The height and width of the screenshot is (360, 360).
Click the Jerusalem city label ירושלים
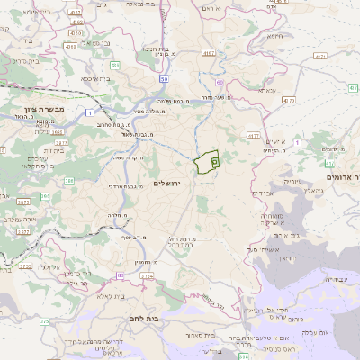(x=168, y=184)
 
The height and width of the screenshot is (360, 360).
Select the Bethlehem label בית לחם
(x=163, y=318)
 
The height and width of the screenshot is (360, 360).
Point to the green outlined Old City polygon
(x=208, y=163)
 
